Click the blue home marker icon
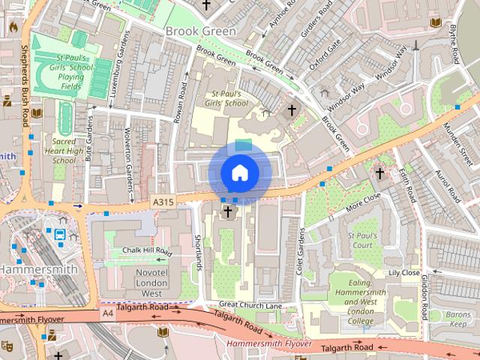239,172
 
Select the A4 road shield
108,311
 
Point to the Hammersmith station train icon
59,234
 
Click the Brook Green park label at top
200,31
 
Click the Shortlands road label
198,251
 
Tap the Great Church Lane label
250,305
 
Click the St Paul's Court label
361,240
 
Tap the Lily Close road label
403,273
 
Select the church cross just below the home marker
227,213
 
